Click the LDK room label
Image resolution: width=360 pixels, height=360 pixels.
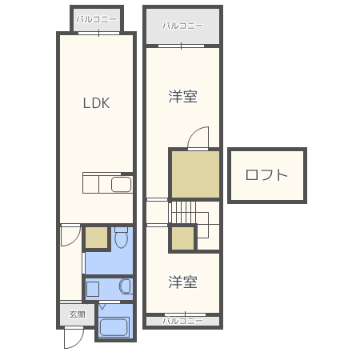pos(96,103)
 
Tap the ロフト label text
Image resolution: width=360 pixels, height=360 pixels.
pos(266,175)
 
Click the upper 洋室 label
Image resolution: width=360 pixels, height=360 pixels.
pos(183,97)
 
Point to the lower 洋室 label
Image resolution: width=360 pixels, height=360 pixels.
pos(183,282)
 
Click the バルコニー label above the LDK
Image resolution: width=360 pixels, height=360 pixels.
pos(96,18)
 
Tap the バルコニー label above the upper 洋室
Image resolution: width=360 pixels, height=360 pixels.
pos(182,26)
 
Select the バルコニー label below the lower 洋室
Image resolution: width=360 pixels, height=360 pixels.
pos(182,321)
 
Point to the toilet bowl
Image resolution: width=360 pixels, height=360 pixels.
pos(121,238)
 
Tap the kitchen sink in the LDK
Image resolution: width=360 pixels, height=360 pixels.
pos(120,186)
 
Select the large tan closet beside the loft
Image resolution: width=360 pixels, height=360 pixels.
pos(194,174)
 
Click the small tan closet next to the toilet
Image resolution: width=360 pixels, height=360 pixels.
pos(97,238)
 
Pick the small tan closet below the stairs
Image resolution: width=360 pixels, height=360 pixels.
pos(182,238)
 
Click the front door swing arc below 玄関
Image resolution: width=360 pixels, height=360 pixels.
pos(74,337)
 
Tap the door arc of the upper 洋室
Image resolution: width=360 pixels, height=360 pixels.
pos(197,138)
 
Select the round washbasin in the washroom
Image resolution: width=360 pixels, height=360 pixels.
pos(126,287)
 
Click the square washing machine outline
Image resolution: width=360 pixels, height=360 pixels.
pos(93,288)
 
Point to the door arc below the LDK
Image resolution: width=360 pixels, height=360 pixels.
pos(71,235)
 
